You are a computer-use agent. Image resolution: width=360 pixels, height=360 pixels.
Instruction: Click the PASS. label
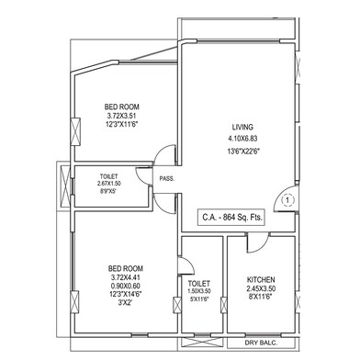click(167, 179)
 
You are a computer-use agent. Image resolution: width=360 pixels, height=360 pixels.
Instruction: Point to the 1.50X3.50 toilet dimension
click(199, 292)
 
